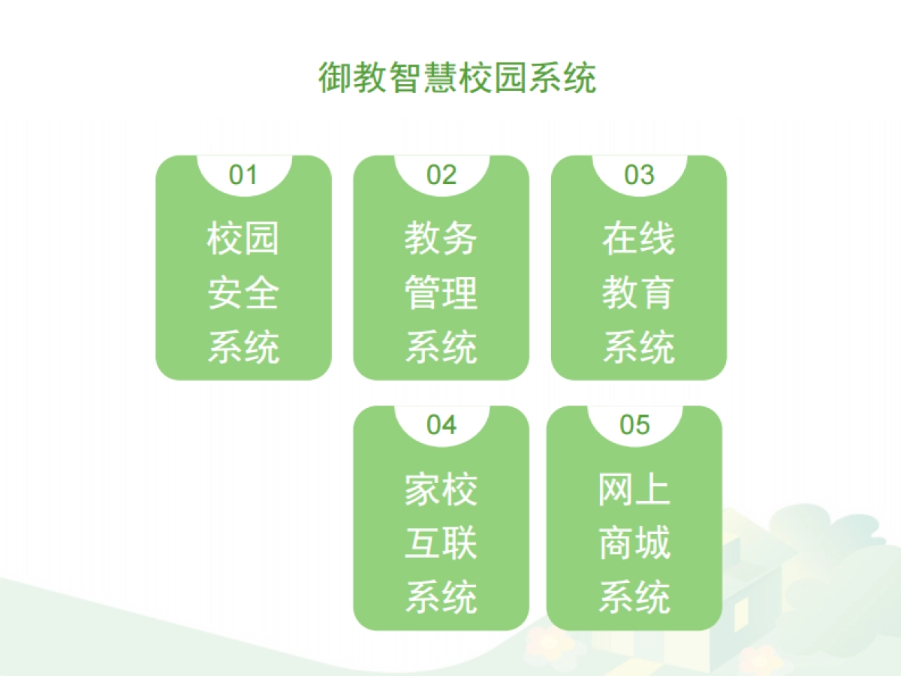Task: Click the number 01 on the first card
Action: (243, 175)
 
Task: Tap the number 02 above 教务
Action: (441, 175)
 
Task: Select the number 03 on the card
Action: (639, 175)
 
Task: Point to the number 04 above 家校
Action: (441, 425)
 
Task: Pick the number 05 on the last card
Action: (634, 425)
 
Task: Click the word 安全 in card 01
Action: (243, 293)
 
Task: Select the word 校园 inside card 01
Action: (243, 239)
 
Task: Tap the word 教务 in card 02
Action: (441, 239)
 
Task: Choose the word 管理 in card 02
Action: (441, 293)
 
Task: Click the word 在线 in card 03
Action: (639, 239)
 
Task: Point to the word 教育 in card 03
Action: (639, 293)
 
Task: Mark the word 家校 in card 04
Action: (441, 490)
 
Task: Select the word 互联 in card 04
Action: (441, 544)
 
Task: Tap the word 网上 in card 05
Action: (634, 490)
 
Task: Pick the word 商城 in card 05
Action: (634, 544)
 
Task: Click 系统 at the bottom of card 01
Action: (243, 348)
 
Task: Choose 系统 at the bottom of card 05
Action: (634, 598)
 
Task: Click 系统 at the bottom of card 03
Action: (639, 348)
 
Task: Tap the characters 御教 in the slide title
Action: (353, 78)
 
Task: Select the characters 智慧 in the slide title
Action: (423, 78)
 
